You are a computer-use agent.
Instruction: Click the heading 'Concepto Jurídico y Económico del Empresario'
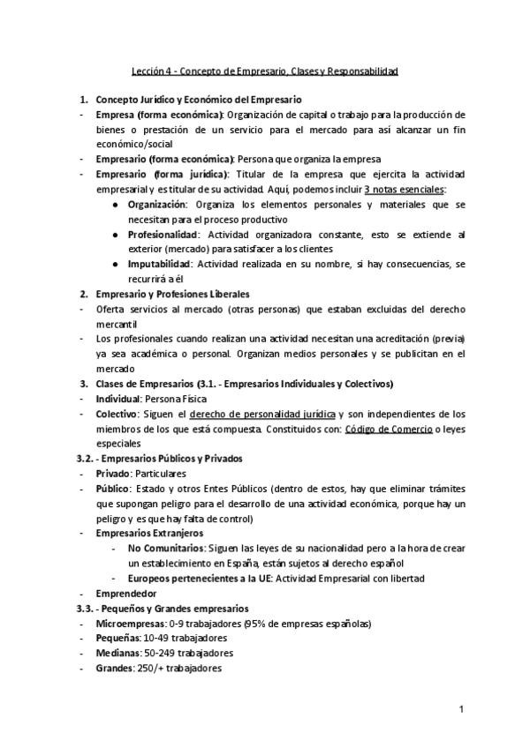pyautogui.click(x=198, y=100)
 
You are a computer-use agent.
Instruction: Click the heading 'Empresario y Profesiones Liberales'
pyautogui.click(x=172, y=294)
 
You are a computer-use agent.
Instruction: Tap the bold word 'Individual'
pyautogui.click(x=117, y=399)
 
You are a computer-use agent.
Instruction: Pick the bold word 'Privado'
pyautogui.click(x=112, y=474)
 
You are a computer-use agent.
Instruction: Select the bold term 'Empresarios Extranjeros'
pyautogui.click(x=149, y=534)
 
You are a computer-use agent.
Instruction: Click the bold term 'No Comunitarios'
pyautogui.click(x=161, y=549)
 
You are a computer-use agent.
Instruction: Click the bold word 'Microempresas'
pyautogui.click(x=129, y=624)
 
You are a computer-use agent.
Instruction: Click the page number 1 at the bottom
pyautogui.click(x=461, y=709)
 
